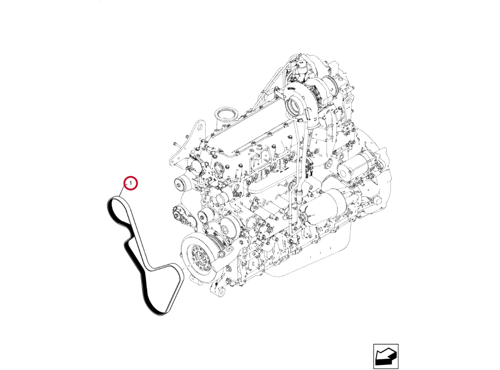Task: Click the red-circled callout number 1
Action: coord(131,183)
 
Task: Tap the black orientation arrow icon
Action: coord(385,356)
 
